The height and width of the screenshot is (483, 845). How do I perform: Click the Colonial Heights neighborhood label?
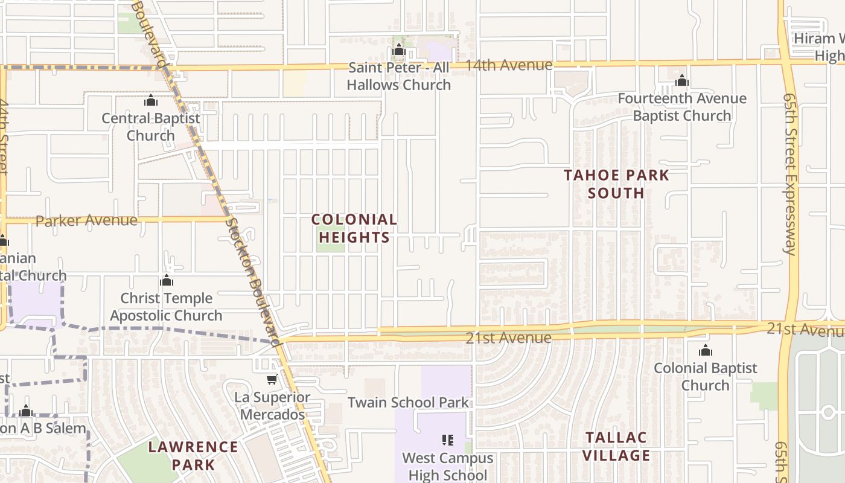pos(354,228)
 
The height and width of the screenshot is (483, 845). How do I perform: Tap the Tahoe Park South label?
pos(616,184)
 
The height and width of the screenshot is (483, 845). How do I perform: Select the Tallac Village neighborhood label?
pos(616,446)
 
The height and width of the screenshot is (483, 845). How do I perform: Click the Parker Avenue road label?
pos(86,220)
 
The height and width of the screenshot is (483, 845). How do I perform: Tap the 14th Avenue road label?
pos(509,65)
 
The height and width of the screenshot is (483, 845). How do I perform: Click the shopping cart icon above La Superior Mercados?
pos(272,380)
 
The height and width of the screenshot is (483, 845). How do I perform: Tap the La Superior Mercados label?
pos(272,406)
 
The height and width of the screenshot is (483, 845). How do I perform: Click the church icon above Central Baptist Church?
pos(151,100)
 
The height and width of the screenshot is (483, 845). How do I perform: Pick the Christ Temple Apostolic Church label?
pos(166,307)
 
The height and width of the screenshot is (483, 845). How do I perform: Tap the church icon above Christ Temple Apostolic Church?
pos(167,281)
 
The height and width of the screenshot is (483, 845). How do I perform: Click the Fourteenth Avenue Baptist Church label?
pos(682,107)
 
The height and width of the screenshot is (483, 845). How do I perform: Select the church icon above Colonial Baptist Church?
pos(705,350)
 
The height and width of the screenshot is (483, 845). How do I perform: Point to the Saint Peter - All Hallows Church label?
pos(399,76)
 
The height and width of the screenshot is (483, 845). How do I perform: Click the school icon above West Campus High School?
pos(447,440)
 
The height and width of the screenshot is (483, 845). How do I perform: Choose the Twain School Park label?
pos(408,403)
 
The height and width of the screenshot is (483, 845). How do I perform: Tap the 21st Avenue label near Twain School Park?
pos(508,337)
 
